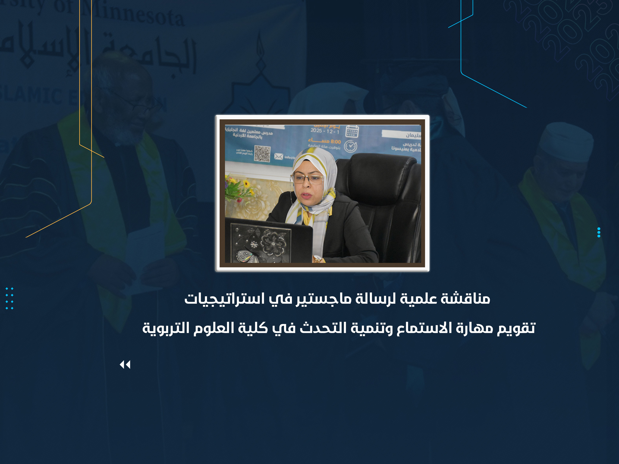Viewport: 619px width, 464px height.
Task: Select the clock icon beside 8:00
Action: click(x=351, y=146)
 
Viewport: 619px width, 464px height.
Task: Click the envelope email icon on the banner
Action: click(x=279, y=156)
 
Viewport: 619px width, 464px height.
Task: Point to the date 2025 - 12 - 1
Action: click(x=325, y=131)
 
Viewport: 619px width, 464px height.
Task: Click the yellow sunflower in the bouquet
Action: click(x=247, y=184)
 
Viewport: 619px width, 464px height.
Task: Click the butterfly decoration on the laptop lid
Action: click(x=246, y=256)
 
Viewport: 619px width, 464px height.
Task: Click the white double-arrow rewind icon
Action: click(x=125, y=365)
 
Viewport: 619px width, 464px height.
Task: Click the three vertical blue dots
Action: click(x=599, y=232)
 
